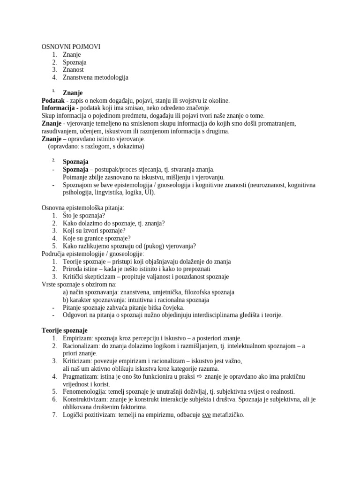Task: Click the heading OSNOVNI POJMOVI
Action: click(71, 47)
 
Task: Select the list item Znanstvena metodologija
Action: click(95, 77)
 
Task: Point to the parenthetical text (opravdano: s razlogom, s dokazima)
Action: click(96, 146)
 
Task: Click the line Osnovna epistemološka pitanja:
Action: click(83, 208)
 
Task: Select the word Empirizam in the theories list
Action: click(78, 338)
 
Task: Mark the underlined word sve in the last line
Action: click(206, 415)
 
